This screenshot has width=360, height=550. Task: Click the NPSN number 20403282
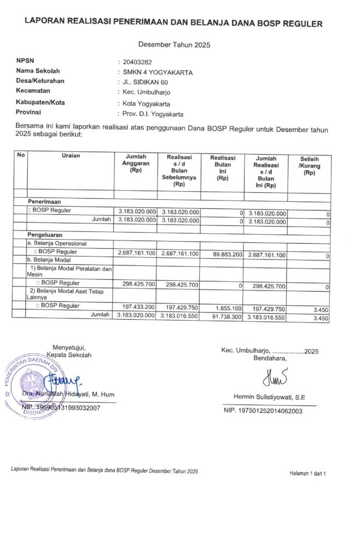click(x=138, y=62)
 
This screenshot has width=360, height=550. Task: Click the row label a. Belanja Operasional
click(x=57, y=243)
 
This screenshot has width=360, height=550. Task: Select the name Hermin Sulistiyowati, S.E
click(x=270, y=397)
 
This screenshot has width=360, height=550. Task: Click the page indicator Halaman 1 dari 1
click(x=308, y=473)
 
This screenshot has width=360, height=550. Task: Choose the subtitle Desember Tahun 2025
click(x=174, y=45)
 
